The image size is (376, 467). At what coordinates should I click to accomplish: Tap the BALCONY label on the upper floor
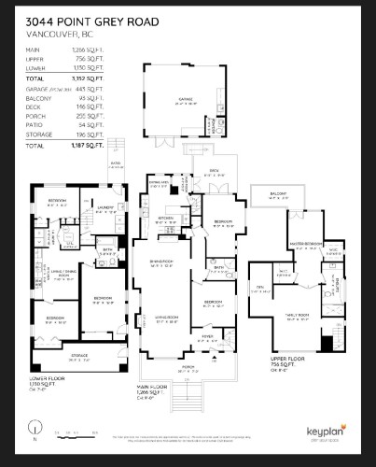tap(278, 193)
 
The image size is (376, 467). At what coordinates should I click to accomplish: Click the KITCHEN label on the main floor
tap(166, 218)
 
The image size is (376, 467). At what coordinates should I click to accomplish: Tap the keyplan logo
tap(327, 432)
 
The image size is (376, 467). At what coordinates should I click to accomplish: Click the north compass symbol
tap(34, 432)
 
